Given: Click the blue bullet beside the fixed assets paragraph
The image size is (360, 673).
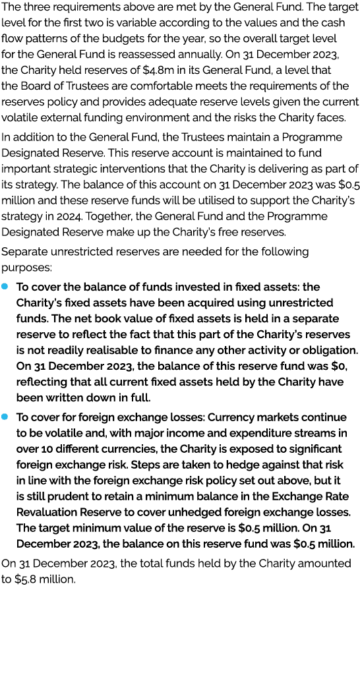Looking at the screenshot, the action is pos(5,287).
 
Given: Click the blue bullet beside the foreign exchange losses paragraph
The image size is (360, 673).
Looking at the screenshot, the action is pos(5,417).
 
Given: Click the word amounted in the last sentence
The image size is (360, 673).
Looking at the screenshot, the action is pos(321,563).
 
